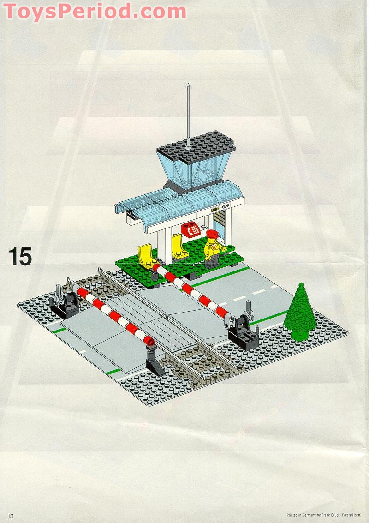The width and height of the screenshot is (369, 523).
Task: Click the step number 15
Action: click(x=20, y=256)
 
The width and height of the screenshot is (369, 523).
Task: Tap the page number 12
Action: click(x=10, y=516)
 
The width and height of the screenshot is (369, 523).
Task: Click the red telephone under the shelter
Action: click(x=190, y=229)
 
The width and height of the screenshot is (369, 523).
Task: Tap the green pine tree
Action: click(x=300, y=309)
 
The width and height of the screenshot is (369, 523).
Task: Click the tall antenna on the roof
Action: click(x=188, y=115)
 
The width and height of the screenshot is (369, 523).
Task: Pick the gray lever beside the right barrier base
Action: click(x=250, y=310)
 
